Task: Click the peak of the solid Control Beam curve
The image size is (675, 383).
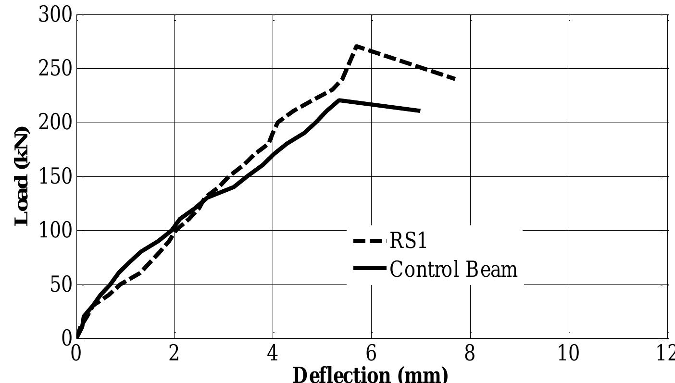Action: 339,100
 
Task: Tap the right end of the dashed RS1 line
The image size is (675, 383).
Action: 454,79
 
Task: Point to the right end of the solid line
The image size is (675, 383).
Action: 420,111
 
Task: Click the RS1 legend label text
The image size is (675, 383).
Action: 408,241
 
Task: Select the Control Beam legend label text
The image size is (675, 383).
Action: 453,269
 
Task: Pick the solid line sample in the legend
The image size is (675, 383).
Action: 369,268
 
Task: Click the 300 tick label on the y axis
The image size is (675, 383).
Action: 55,15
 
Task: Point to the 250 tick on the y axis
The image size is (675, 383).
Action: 55,69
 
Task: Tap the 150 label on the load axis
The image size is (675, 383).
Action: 55,177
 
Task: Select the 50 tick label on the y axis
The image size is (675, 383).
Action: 61,285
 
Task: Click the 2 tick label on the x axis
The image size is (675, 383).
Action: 174,354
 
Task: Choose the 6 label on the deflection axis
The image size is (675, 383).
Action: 371,354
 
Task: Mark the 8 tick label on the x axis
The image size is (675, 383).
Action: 470,354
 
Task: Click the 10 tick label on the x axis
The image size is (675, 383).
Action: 568,354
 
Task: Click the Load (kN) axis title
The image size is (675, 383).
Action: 22,177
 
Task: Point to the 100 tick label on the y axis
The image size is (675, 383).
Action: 55,231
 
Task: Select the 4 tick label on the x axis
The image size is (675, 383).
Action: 273,354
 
